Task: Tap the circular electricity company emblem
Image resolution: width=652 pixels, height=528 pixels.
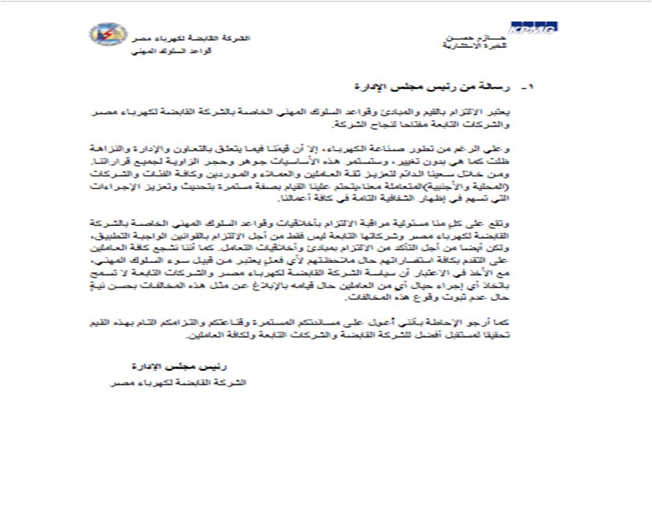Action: tap(108, 34)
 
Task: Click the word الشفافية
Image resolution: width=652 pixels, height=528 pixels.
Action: tap(405, 199)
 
